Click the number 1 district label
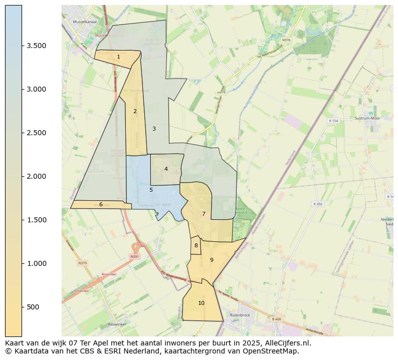(x=118, y=57)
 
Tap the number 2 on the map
(x=135, y=111)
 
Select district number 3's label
(x=154, y=129)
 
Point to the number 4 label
(x=166, y=169)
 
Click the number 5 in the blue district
(x=151, y=190)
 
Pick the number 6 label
(x=101, y=204)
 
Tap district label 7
(x=204, y=214)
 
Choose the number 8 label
(x=196, y=245)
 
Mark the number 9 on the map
(x=212, y=260)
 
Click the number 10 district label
(x=201, y=303)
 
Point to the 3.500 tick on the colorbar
(x=37, y=46)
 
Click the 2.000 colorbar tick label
(x=37, y=176)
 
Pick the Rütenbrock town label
(x=240, y=315)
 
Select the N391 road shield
(x=134, y=256)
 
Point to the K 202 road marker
(x=318, y=204)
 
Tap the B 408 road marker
(x=277, y=319)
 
